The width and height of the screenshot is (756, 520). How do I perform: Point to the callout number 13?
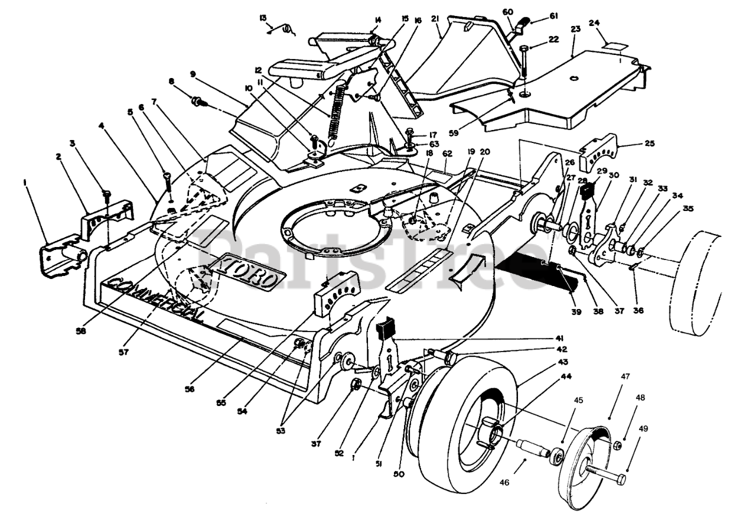pyautogui.click(x=263, y=18)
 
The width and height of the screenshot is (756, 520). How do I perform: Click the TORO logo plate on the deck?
pyautogui.click(x=242, y=271)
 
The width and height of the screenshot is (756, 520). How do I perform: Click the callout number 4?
pyautogui.click(x=102, y=126)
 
